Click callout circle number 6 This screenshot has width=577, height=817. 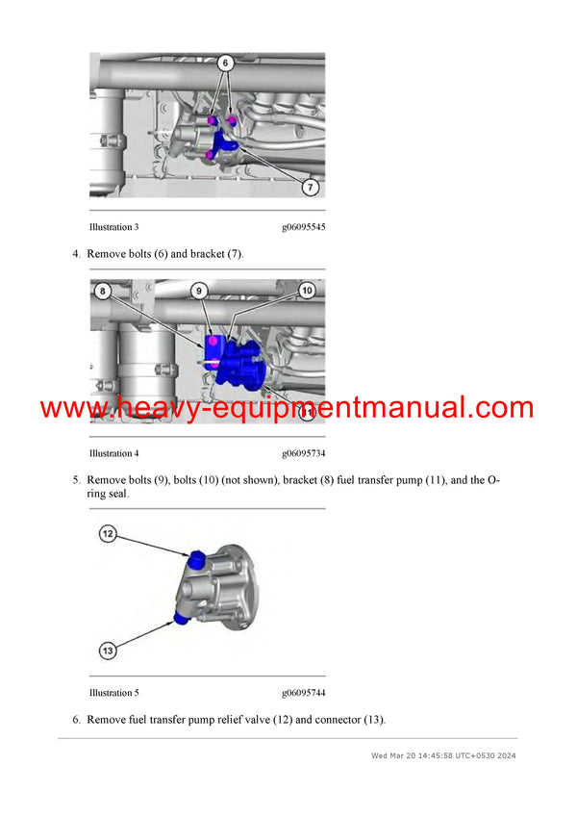[x=225, y=64]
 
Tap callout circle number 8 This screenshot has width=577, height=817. [x=103, y=290]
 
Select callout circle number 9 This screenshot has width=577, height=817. [x=198, y=290]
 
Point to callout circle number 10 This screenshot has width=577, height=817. [x=307, y=290]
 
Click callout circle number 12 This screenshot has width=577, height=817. [x=108, y=532]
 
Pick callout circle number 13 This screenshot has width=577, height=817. [x=108, y=651]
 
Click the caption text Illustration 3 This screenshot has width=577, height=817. [x=113, y=227]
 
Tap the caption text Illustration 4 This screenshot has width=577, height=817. [x=113, y=453]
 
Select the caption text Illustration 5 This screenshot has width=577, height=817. [x=113, y=693]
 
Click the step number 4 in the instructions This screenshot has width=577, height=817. [x=76, y=254]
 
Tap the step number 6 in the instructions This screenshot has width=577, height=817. [x=76, y=720]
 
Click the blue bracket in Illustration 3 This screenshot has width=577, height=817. [x=227, y=144]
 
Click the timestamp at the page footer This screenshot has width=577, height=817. [x=443, y=755]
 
